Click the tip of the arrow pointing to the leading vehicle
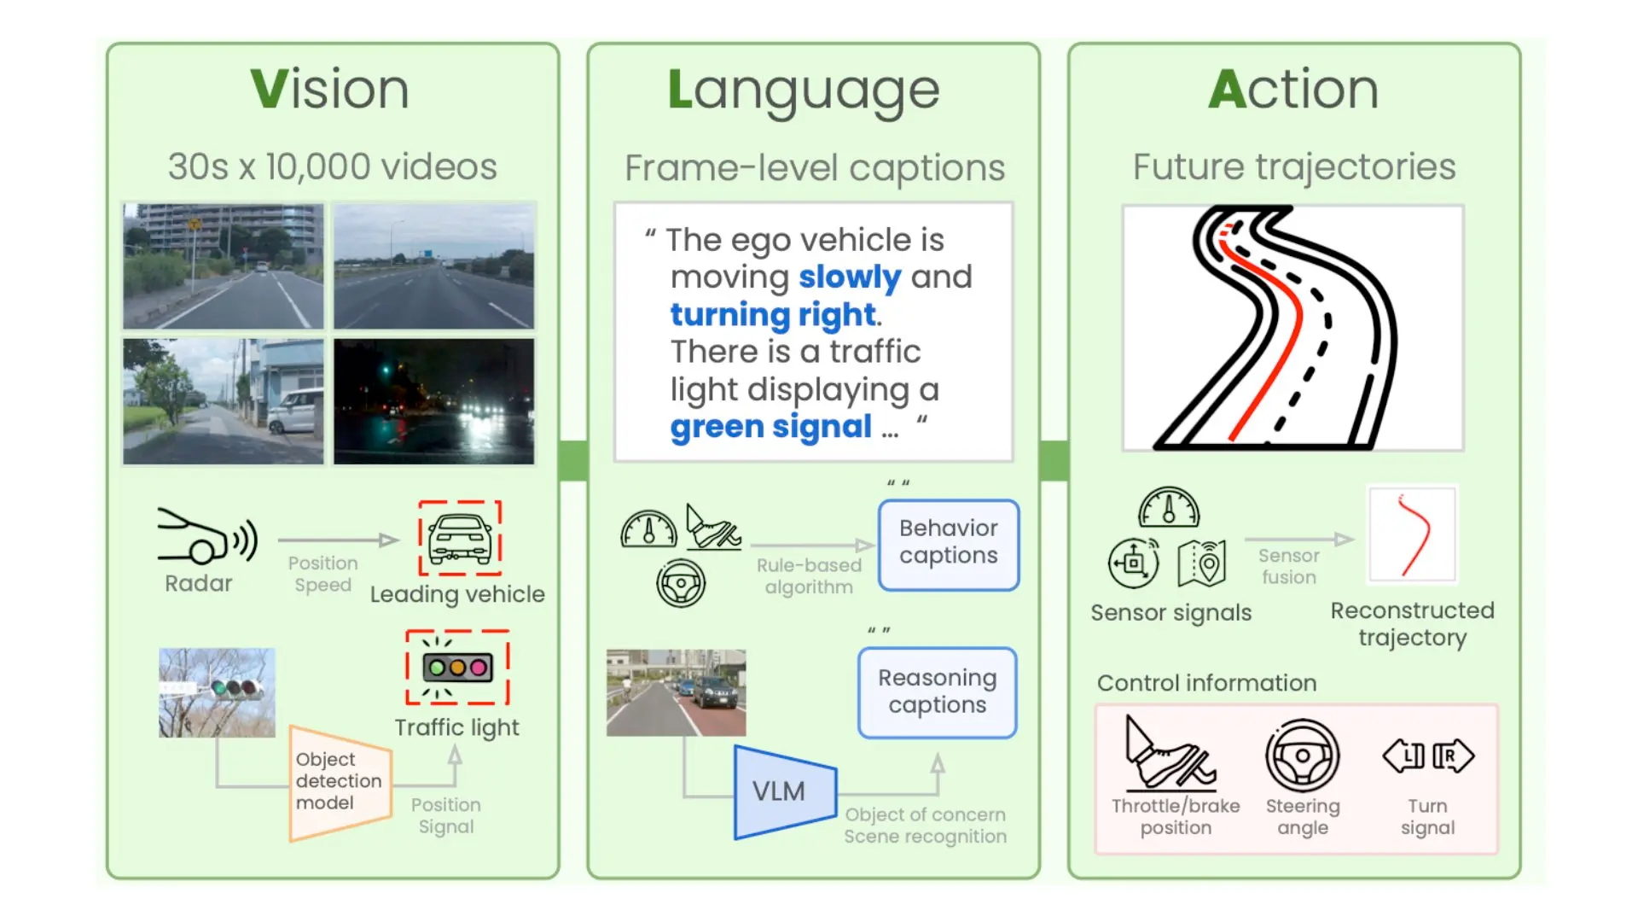(399, 540)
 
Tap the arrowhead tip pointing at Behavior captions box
(876, 545)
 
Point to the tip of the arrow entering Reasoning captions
(938, 753)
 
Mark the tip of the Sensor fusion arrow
(1355, 539)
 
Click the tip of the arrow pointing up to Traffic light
(456, 745)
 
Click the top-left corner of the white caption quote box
(614, 203)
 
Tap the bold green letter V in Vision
(270, 89)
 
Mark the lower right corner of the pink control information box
(1498, 854)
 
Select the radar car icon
(207, 536)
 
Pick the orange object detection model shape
(340, 783)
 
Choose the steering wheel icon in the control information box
(1302, 756)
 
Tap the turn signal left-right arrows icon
(1428, 756)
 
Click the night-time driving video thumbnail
(434, 401)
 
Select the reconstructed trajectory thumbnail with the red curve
(1413, 534)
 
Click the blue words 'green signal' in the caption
(771, 426)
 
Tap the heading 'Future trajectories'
(1294, 166)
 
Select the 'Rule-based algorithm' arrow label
(809, 576)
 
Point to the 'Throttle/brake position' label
(1176, 817)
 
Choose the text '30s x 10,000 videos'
(333, 166)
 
